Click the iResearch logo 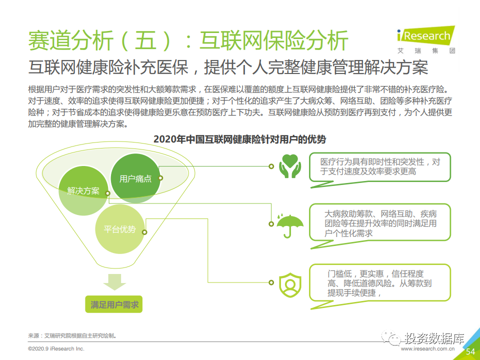coord(426,40)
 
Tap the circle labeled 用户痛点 coord(135,178)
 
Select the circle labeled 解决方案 coord(83,190)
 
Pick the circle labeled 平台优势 coord(119,229)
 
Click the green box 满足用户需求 coord(114,304)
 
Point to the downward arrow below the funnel coord(114,282)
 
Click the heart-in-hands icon coord(290,166)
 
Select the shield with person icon coord(290,284)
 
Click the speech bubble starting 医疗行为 coord(380,170)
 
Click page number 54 coord(470,351)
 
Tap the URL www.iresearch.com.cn coord(427,348)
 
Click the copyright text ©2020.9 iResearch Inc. coord(56,348)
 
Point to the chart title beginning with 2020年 coord(239,139)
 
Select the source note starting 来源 coord(72,336)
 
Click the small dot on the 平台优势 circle coord(144,232)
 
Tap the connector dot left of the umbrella coord(271,224)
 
